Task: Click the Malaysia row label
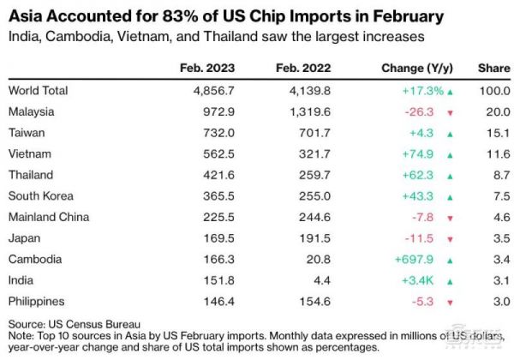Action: click(x=31, y=111)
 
